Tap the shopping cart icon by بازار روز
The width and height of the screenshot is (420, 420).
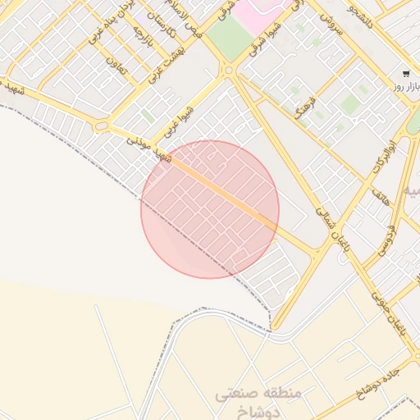(405, 74)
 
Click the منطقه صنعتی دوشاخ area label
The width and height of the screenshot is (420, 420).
(259, 402)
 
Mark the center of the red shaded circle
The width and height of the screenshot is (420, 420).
(210, 209)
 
